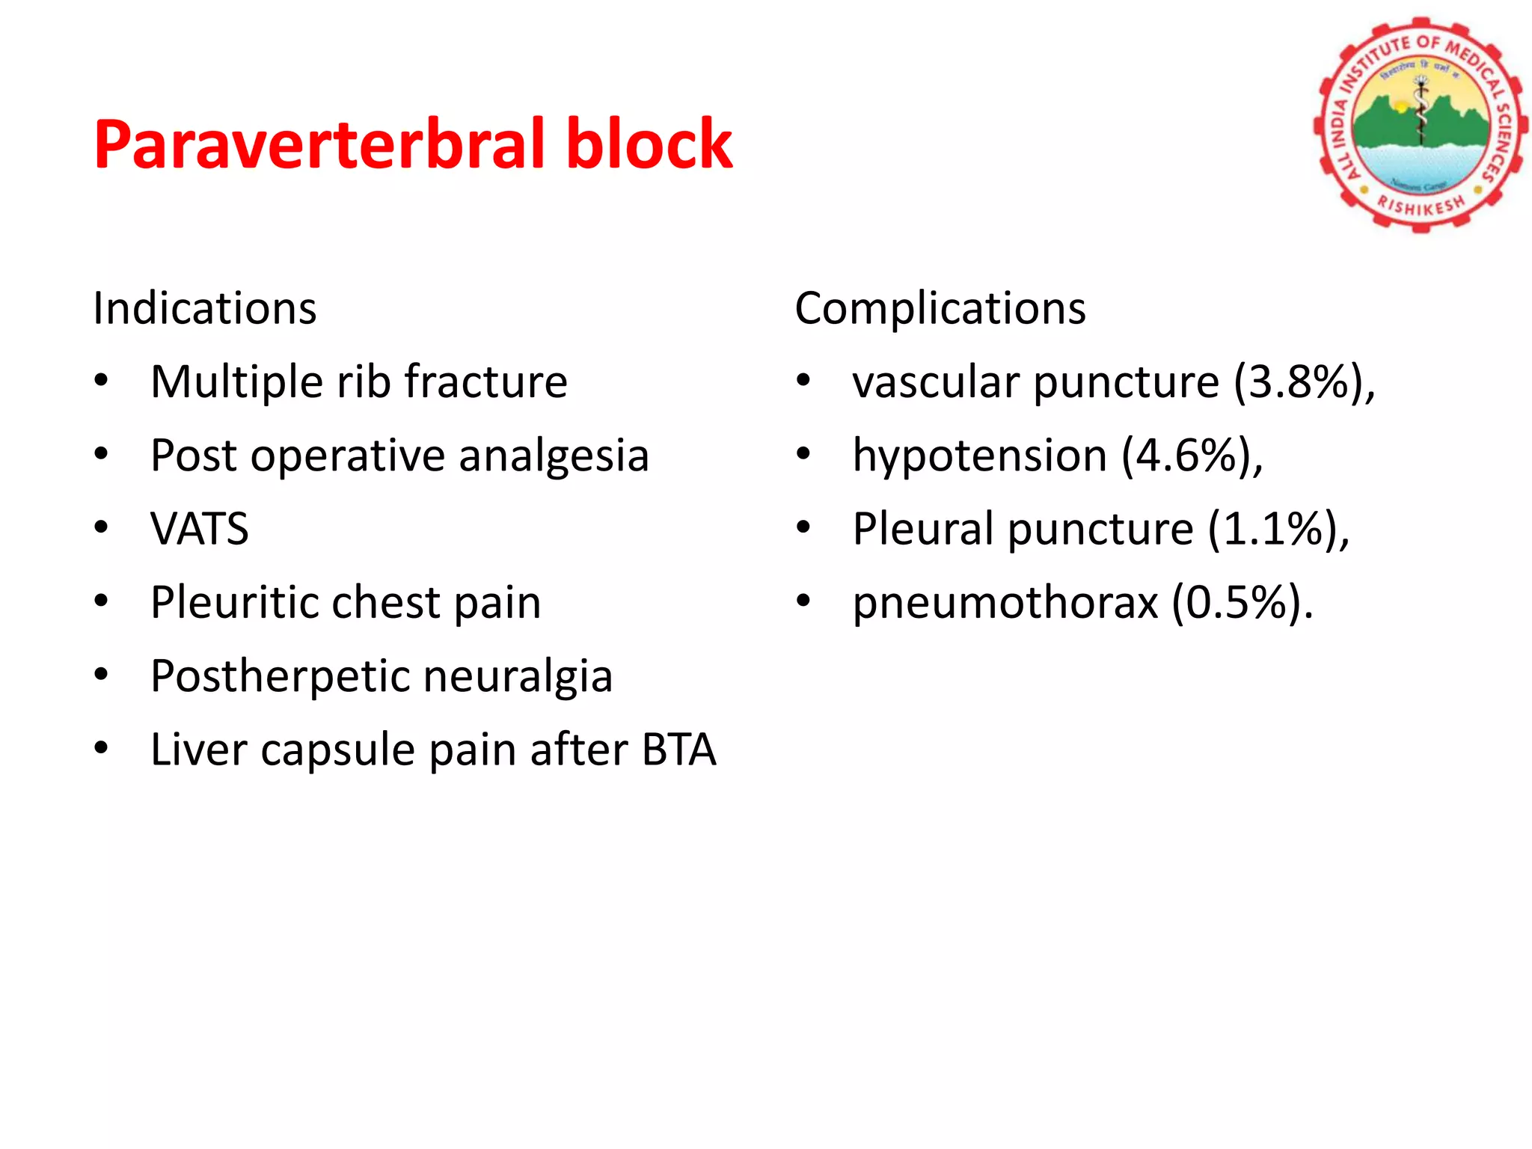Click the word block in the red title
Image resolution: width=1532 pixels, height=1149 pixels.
click(649, 144)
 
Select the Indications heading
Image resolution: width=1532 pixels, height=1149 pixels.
click(204, 308)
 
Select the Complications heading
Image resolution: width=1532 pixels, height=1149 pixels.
click(940, 308)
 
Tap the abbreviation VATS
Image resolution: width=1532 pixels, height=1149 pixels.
click(199, 529)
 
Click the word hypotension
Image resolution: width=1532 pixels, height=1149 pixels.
click(979, 456)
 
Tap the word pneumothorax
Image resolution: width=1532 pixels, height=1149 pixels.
click(1005, 602)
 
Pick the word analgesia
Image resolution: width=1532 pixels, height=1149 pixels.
click(554, 456)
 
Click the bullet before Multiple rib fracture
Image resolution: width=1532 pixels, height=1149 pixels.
click(101, 381)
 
